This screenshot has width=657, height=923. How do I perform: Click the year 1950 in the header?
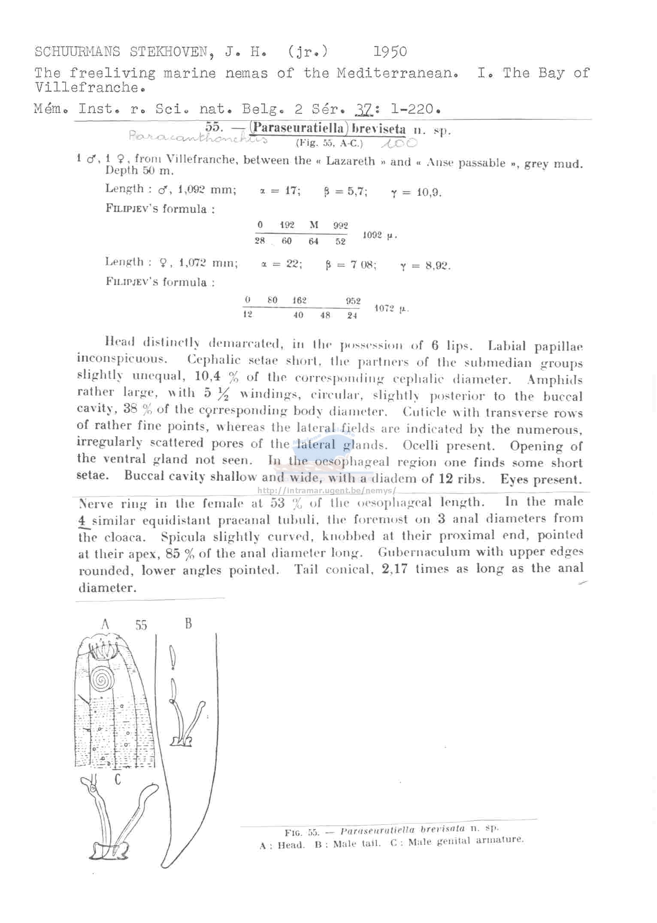click(x=390, y=52)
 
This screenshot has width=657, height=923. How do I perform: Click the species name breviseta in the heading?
click(x=378, y=129)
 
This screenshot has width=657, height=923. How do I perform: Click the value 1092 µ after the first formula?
click(x=379, y=235)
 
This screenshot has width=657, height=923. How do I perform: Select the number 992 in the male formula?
click(x=340, y=225)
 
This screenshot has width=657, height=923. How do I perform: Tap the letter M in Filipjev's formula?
click(x=314, y=225)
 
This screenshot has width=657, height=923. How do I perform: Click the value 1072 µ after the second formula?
click(x=391, y=309)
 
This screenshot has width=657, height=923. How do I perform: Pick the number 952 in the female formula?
click(x=353, y=301)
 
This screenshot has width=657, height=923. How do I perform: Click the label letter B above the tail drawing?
click(x=188, y=623)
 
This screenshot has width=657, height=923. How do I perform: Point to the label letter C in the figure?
click(x=117, y=778)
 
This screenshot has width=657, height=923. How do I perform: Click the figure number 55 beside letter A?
click(x=141, y=625)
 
